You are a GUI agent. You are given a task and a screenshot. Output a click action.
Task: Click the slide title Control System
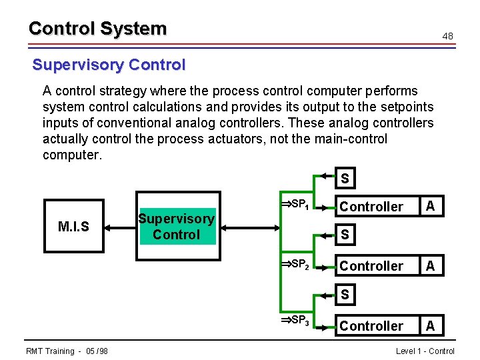[97, 29]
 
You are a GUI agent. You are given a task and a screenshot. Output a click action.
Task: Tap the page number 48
[448, 35]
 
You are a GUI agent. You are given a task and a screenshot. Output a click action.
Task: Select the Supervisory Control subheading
[109, 65]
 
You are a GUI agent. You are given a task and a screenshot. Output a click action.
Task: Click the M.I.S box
[73, 227]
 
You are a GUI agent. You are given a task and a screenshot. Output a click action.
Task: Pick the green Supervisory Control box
[176, 227]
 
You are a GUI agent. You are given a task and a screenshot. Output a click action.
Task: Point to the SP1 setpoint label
[293, 203]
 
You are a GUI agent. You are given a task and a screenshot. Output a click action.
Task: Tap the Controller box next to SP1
[371, 207]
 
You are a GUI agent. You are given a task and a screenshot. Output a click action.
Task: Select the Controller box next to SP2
[371, 266]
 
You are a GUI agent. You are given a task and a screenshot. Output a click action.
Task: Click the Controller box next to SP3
[371, 326]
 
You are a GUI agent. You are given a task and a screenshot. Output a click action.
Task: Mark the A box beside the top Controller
[431, 207]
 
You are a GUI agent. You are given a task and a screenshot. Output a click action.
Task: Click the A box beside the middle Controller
[431, 266]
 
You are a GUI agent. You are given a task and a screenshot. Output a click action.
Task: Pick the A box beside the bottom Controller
[431, 326]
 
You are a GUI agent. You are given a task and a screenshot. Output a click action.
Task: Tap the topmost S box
[345, 179]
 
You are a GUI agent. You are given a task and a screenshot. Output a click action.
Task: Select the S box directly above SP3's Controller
[345, 294]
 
